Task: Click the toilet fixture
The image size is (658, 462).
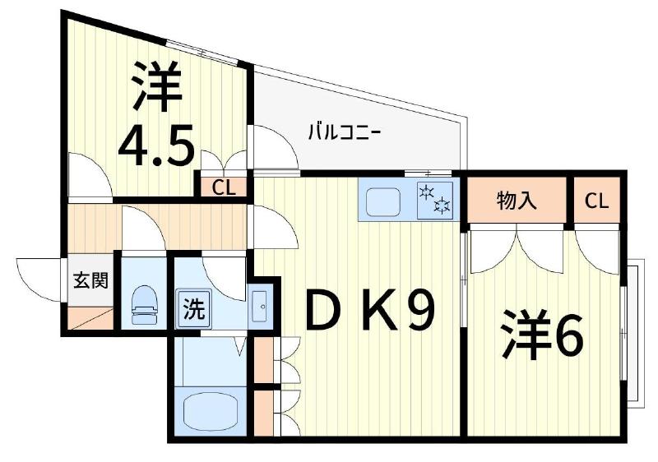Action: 146,302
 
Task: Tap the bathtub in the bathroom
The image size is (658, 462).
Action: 210,409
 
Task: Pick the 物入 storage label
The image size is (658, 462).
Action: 517,201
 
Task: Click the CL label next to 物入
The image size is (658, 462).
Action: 598,201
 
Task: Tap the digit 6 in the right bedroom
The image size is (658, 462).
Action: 567,335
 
